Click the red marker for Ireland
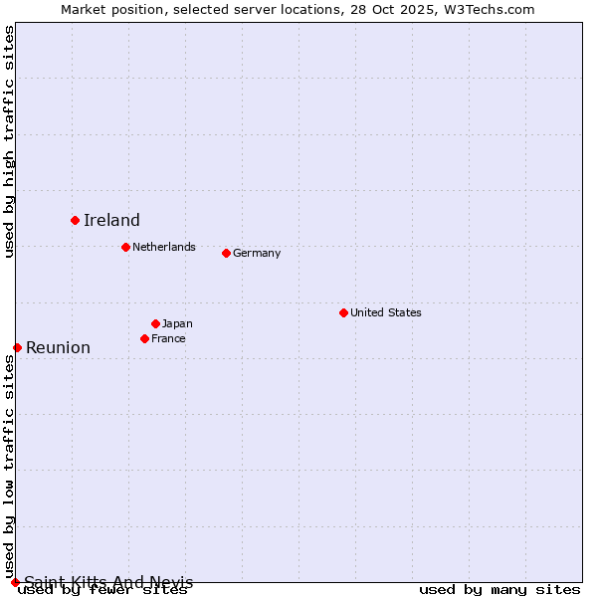click(x=75, y=220)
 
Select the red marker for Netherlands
click(x=125, y=247)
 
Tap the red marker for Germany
click(x=226, y=253)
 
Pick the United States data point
click(x=343, y=312)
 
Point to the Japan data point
click(x=155, y=323)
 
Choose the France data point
click(x=144, y=338)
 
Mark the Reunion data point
click(x=17, y=347)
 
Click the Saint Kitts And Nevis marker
click(x=15, y=582)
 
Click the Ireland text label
click(x=111, y=221)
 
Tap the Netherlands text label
click(x=164, y=247)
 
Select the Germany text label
click(x=257, y=253)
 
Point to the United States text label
click(x=386, y=312)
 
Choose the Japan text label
click(x=177, y=323)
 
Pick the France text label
click(x=168, y=338)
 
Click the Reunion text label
click(x=58, y=347)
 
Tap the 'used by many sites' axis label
click(x=499, y=590)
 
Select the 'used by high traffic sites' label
click(x=10, y=141)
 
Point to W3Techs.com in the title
click(x=489, y=10)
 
